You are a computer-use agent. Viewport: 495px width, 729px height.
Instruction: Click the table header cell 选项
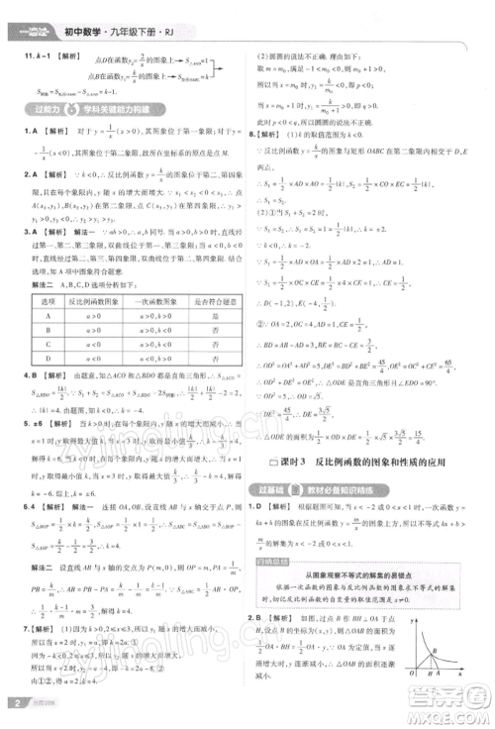[45, 298]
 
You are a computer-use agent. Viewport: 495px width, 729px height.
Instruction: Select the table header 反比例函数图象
[98, 298]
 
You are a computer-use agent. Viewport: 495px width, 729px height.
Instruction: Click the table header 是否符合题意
[213, 298]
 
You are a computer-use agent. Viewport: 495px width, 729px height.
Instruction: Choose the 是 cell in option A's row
[213, 314]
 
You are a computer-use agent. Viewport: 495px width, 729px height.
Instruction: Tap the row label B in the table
[45, 330]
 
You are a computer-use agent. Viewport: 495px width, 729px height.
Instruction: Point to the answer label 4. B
[32, 375]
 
